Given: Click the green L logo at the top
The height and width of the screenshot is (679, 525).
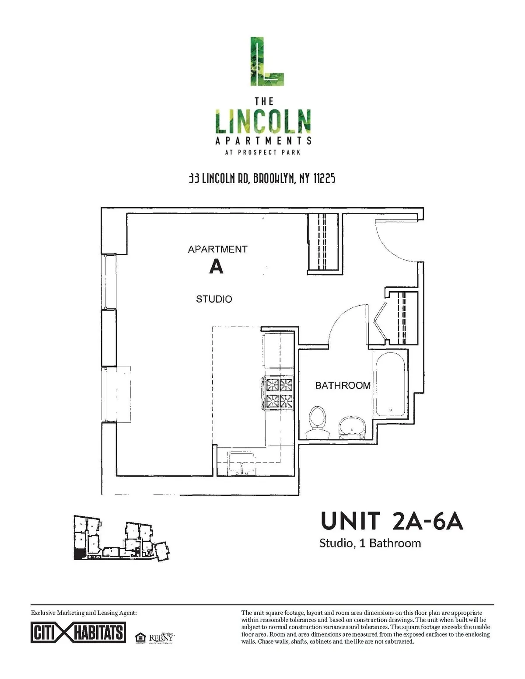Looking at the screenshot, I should coord(266,62).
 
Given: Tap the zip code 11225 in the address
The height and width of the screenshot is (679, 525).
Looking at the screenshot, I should coord(324,179).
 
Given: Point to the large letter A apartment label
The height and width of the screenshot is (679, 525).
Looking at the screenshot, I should coord(216,266).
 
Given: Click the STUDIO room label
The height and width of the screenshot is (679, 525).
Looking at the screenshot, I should coord(214,299).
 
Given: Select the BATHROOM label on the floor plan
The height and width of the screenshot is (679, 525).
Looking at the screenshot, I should coord(343,385).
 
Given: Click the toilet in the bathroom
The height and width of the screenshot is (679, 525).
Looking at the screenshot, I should coord(318,421).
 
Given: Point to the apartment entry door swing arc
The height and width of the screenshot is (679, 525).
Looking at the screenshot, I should coord(396,240).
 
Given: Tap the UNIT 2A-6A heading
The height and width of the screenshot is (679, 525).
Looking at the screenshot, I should coord(392,521).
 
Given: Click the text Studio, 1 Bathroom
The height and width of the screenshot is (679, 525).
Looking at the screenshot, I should coord(370,543).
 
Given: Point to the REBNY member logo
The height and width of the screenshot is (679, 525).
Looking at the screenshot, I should coord(162,638).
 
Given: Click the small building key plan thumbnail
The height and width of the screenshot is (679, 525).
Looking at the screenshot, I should coord(120,538).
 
